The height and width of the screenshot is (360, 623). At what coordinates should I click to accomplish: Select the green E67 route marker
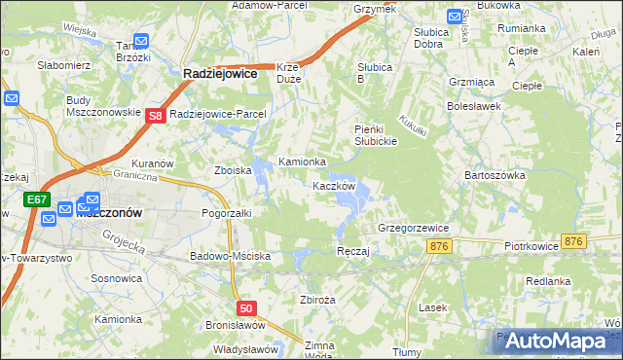35,199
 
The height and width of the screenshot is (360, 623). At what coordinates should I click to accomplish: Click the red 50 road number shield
247,308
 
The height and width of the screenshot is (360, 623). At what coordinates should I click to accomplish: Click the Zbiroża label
318,300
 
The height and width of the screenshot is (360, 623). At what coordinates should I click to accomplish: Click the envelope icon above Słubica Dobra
455,16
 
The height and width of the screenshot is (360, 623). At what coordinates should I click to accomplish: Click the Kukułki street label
413,128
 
